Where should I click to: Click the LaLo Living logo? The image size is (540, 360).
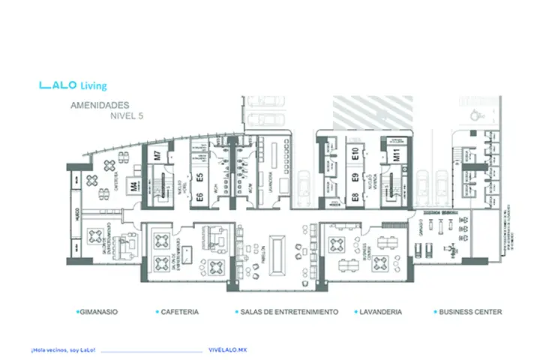[x=73, y=85]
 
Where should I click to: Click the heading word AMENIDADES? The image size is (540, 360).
[x=100, y=106]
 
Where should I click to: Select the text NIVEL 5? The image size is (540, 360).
[x=126, y=117]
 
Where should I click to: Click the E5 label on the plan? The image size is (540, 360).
[x=200, y=178]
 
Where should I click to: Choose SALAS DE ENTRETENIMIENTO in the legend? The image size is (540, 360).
[x=287, y=311]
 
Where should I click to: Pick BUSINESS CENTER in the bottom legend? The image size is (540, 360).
[x=469, y=311]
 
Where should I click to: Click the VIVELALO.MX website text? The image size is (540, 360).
[x=227, y=350]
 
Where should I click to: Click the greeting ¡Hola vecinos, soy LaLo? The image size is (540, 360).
[x=62, y=350]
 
